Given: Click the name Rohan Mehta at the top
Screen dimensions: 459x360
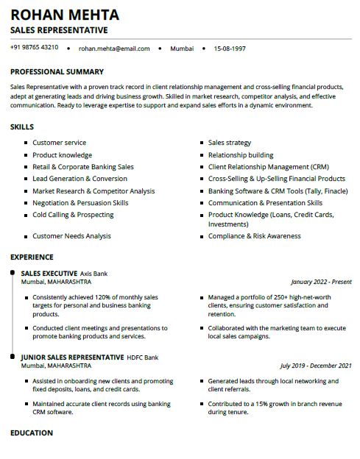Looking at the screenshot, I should (x=65, y=15).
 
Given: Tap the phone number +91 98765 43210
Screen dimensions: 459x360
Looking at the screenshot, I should (x=35, y=48).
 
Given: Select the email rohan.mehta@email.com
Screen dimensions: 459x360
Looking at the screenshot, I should (x=114, y=49).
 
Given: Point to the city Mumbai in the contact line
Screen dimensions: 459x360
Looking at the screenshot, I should (x=182, y=49).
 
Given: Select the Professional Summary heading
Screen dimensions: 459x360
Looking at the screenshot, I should (x=57, y=72).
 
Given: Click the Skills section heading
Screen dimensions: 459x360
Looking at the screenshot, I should (x=22, y=127).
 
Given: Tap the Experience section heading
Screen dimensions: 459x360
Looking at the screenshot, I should (x=32, y=257).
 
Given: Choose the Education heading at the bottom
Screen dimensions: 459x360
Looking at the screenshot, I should (x=32, y=433).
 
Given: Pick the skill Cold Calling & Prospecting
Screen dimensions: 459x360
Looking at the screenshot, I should (x=73, y=215).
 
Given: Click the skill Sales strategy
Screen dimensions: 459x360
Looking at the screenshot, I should (x=230, y=143).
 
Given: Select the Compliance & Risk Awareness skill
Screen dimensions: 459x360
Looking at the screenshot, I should (x=254, y=236).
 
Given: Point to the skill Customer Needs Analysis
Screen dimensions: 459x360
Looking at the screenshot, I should (x=71, y=236).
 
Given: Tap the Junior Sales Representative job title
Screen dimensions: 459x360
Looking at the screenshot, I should (x=72, y=357).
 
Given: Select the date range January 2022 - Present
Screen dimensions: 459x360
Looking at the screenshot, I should (x=321, y=282).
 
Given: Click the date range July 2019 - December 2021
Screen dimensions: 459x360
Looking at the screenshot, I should (x=316, y=365).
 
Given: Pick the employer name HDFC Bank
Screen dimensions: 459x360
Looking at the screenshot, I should (x=143, y=357).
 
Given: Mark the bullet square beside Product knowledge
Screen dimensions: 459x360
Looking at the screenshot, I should (x=27, y=155).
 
